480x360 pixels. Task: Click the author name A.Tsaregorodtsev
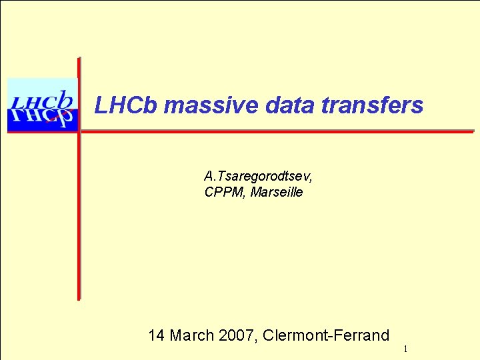[258, 177]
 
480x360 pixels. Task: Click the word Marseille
[277, 193]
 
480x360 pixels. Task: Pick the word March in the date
[193, 335]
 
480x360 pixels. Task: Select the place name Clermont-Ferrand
[326, 335]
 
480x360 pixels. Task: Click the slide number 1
[405, 349]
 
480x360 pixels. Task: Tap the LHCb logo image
[42, 105]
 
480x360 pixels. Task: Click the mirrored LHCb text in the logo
[41, 119]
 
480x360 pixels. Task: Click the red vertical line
[79, 213]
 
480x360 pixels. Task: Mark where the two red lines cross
[79, 131]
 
